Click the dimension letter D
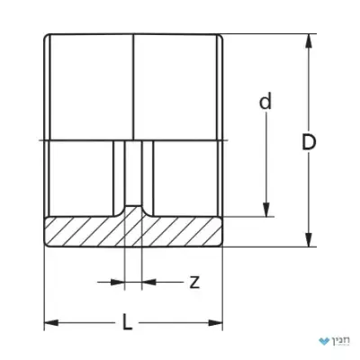[x=309, y=142]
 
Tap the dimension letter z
[x=194, y=283]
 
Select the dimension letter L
[x=128, y=322]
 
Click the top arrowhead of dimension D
[x=309, y=41]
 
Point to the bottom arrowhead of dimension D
[x=309, y=239]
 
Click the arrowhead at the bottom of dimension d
[x=266, y=210]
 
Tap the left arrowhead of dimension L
[x=51, y=323]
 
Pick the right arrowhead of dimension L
[x=215, y=323]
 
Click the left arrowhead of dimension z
[x=117, y=282]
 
